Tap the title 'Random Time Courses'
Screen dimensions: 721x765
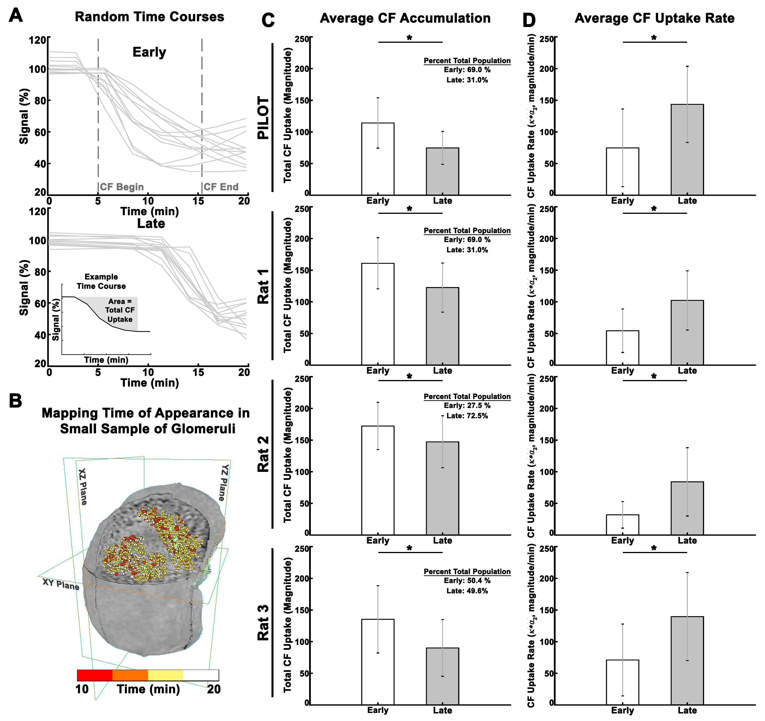point(149,17)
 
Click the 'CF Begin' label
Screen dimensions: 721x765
point(122,187)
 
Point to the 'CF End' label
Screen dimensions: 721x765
point(221,187)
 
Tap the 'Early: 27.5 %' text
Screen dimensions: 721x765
point(467,406)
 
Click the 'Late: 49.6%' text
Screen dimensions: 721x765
point(467,591)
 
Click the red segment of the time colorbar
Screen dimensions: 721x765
point(95,675)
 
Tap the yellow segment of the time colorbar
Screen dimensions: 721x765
point(165,675)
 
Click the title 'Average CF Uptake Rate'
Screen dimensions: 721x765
point(654,18)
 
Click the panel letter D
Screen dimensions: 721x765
point(529,20)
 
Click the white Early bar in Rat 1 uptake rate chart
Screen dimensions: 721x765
point(622,348)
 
